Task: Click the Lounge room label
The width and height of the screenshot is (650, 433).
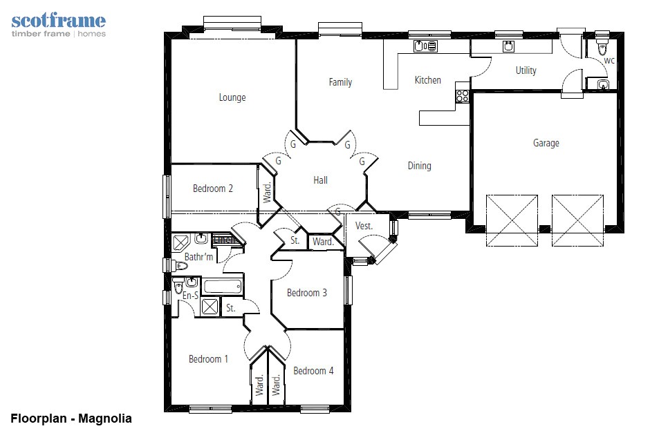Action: pyautogui.click(x=232, y=97)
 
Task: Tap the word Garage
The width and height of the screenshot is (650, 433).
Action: pyautogui.click(x=546, y=143)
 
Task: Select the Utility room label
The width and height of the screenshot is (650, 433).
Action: pyautogui.click(x=526, y=70)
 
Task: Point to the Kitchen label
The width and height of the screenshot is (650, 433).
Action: pyautogui.click(x=428, y=80)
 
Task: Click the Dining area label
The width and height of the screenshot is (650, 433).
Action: pyautogui.click(x=420, y=166)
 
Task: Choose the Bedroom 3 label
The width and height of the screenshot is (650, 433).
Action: pyautogui.click(x=307, y=293)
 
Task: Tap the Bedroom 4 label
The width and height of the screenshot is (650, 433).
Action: pyautogui.click(x=313, y=370)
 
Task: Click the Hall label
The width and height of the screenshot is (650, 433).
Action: pyautogui.click(x=320, y=180)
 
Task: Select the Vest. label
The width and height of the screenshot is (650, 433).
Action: pyautogui.click(x=364, y=226)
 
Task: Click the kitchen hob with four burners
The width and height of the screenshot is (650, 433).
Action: pyautogui.click(x=462, y=96)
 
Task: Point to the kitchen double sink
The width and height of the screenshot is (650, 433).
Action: pyautogui.click(x=425, y=46)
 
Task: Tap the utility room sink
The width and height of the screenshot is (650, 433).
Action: pyautogui.click(x=509, y=46)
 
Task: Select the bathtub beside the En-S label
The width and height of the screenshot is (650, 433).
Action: pyautogui.click(x=222, y=287)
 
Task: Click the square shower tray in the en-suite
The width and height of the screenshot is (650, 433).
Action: pyautogui.click(x=210, y=307)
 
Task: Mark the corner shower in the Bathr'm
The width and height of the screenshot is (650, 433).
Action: pyautogui.click(x=180, y=242)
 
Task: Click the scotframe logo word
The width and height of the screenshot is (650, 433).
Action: pyautogui.click(x=59, y=20)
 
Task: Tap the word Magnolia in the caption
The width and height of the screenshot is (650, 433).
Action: pyautogui.click(x=105, y=418)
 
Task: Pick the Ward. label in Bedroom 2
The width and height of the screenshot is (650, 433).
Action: pyautogui.click(x=267, y=192)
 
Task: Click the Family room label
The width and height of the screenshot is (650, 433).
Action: pyautogui.click(x=340, y=82)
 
